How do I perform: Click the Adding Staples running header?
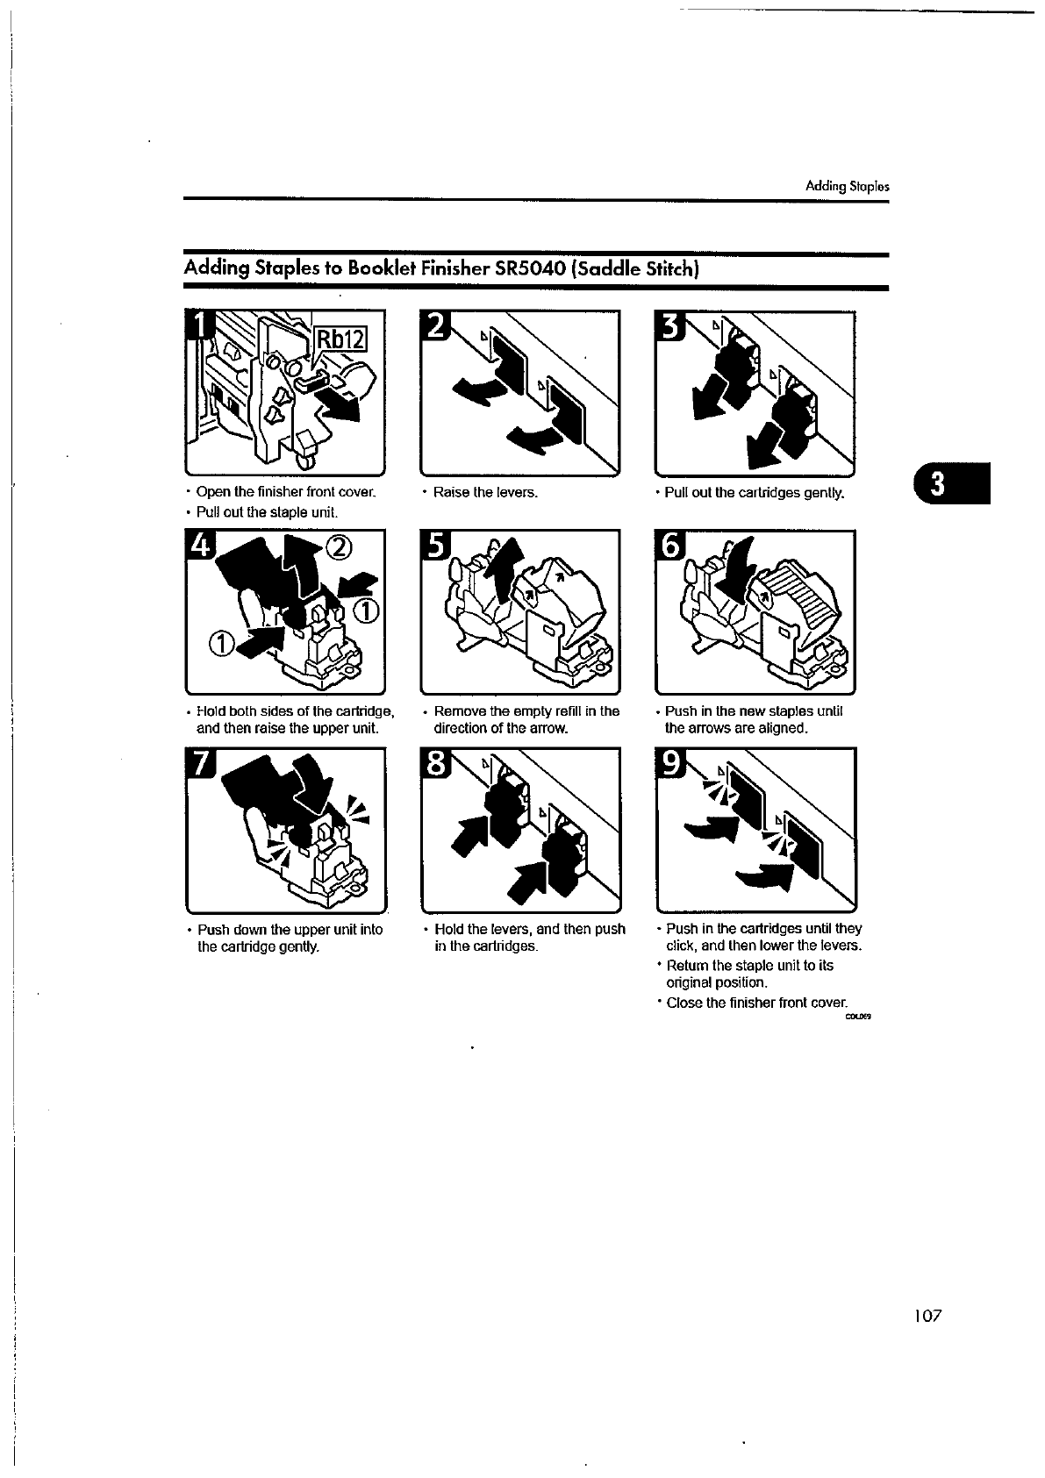pyautogui.click(x=848, y=187)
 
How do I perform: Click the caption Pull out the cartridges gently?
pyautogui.click(x=755, y=492)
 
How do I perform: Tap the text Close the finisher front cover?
pyautogui.click(x=757, y=1002)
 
